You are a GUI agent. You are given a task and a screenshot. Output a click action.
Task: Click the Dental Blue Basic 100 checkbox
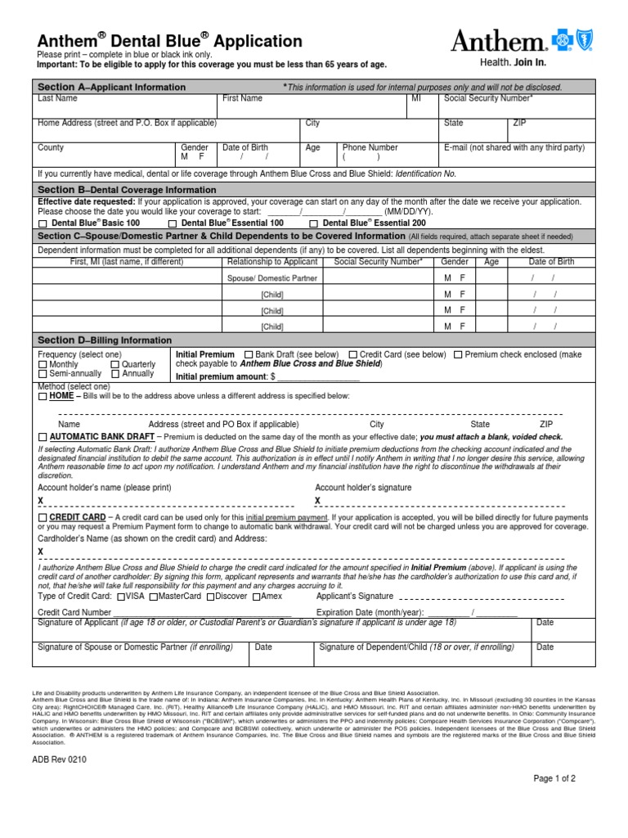pos(43,223)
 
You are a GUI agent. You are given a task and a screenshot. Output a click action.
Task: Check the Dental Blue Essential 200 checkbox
pos(315,223)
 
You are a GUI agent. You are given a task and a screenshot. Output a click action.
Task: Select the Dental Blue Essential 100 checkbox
pos(173,223)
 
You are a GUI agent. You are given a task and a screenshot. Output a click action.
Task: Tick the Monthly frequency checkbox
pos(43,364)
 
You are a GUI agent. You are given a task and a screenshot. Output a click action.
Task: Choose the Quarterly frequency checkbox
pos(115,364)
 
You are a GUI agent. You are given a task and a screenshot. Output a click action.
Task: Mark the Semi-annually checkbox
pos(43,374)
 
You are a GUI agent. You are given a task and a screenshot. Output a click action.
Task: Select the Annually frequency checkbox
pos(115,374)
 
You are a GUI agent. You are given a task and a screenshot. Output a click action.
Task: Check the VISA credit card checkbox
pos(121,597)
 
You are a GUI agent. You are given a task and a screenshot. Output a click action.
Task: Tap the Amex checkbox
pos(256,597)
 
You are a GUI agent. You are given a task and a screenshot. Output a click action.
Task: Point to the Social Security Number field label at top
pos(488,99)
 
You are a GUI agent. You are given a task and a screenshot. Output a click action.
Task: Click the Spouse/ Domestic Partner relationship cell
pos(271,278)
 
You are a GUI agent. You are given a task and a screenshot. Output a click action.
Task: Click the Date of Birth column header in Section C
pos(551,263)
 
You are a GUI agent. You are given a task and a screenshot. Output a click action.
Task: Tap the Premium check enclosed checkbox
pos(458,354)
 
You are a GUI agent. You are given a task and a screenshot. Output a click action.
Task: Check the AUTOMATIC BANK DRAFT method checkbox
pos(43,438)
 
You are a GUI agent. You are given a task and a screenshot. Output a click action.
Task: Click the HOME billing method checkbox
pos(43,396)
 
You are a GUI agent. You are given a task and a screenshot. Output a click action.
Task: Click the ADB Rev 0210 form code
pos(60,758)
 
